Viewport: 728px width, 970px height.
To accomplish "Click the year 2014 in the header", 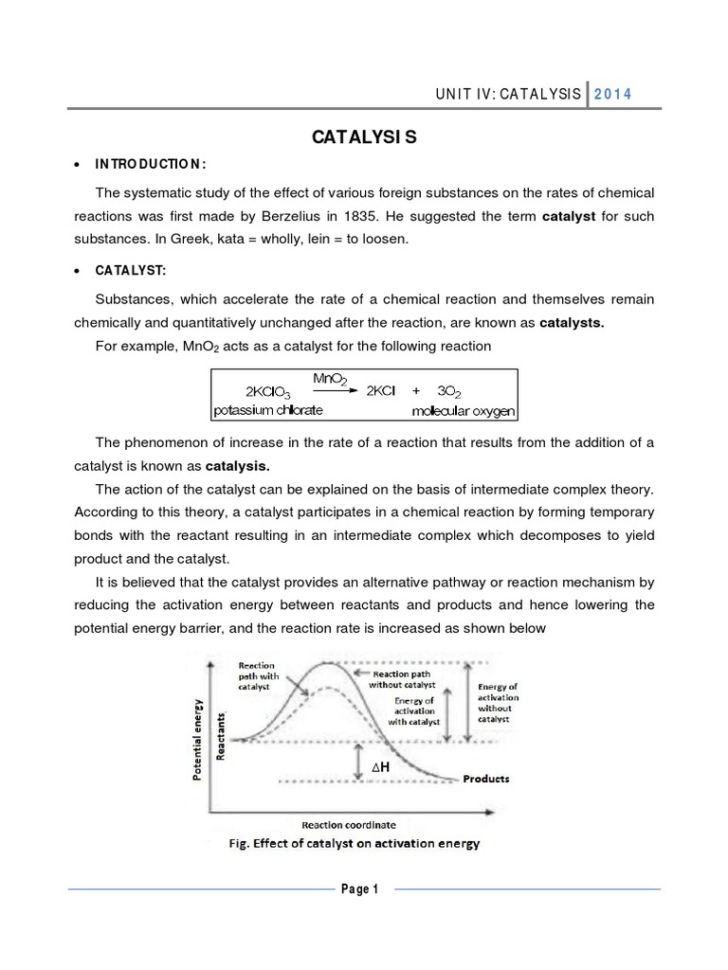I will [x=613, y=94].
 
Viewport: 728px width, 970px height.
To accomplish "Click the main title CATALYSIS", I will [x=364, y=139].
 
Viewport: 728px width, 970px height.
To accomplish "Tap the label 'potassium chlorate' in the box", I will [x=268, y=410].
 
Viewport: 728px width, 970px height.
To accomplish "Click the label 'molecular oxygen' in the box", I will [x=462, y=411].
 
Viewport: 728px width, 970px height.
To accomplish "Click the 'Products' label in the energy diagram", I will [x=485, y=779].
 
